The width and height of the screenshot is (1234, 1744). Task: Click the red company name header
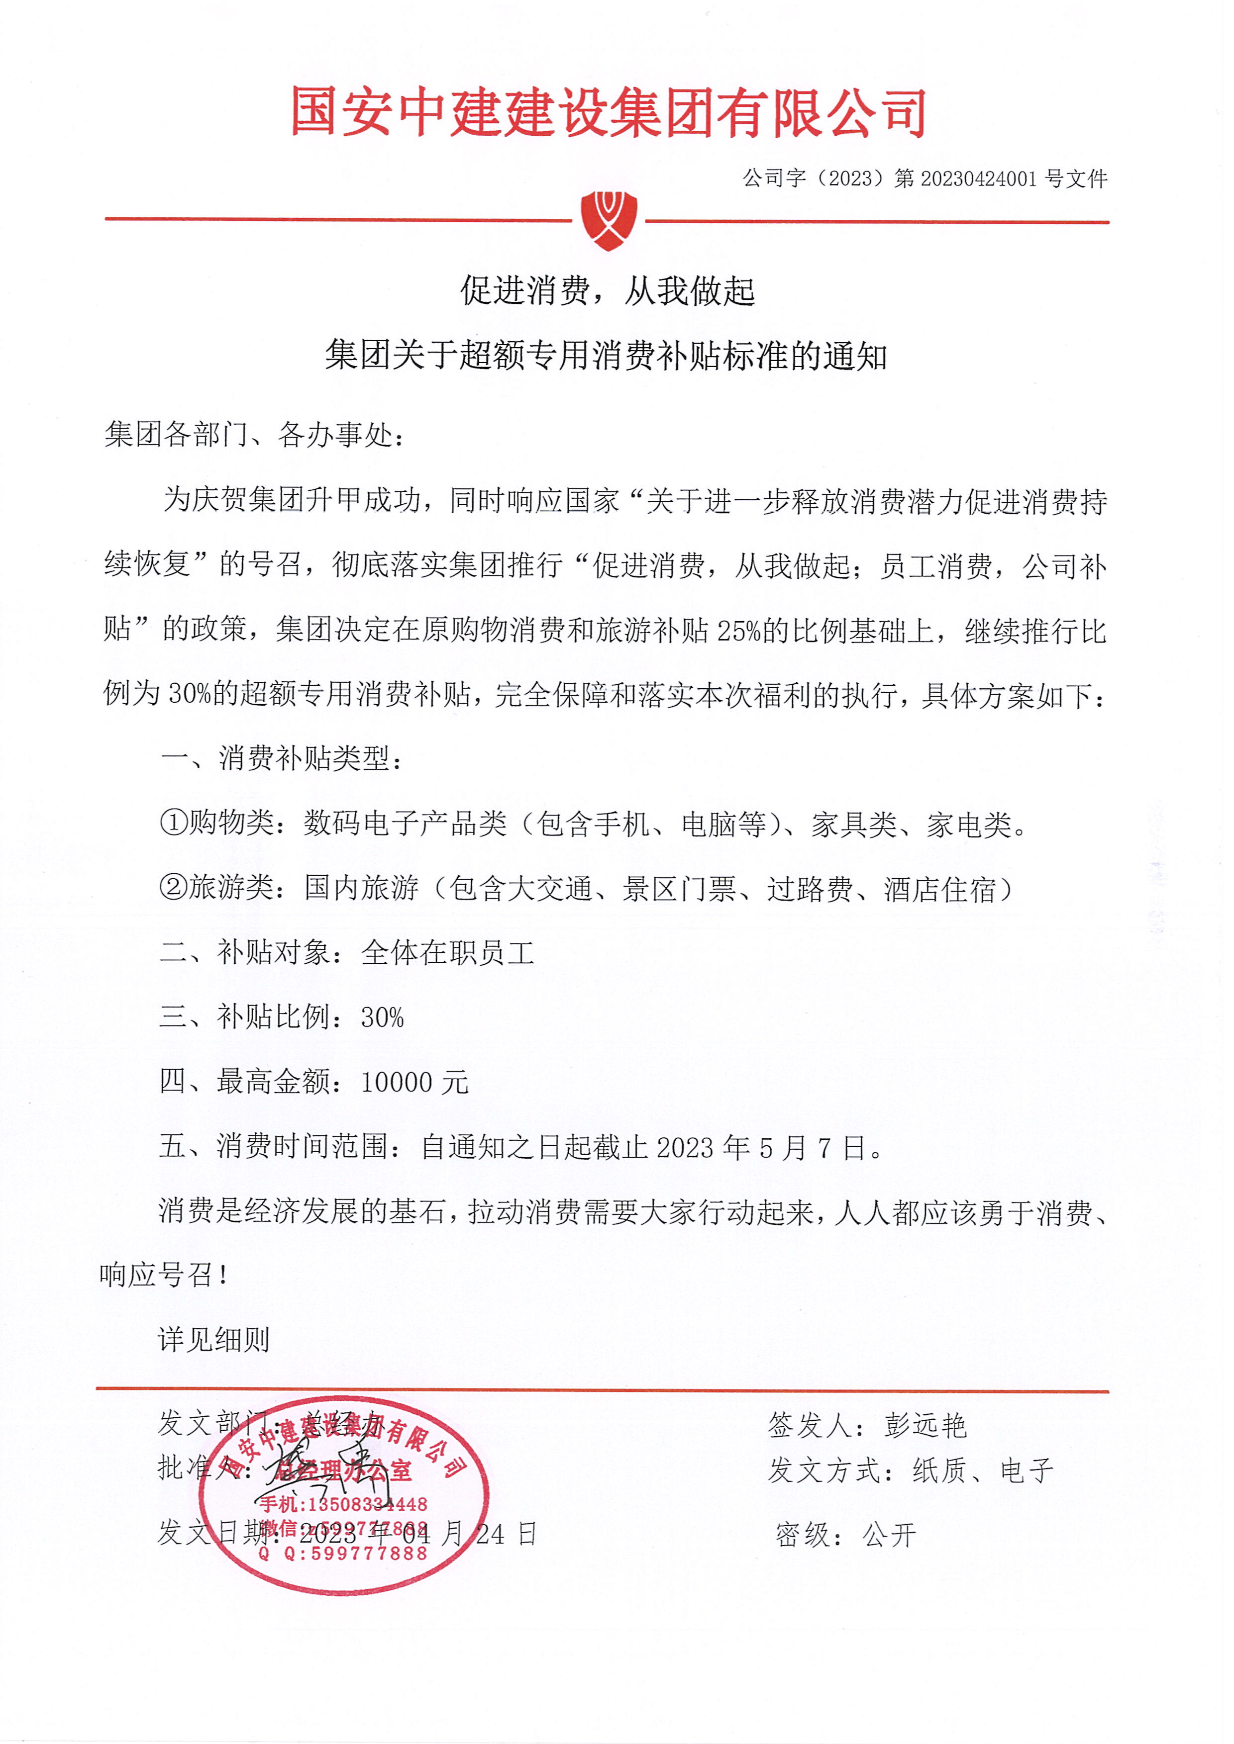(x=608, y=112)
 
